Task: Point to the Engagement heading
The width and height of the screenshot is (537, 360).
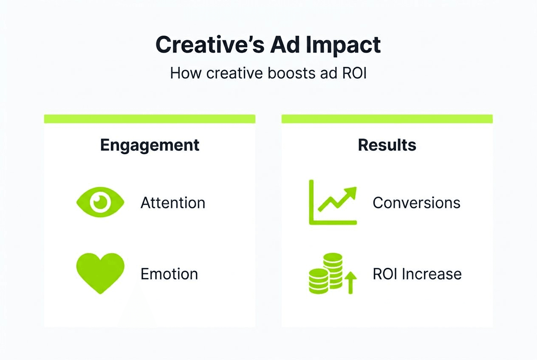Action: coord(150,145)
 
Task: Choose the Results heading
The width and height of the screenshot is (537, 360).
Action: coord(387,145)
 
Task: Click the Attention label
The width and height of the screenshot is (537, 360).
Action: coord(173,203)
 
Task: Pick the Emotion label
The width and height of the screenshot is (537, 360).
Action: coord(169,274)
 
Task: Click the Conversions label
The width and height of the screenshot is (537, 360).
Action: coord(416,203)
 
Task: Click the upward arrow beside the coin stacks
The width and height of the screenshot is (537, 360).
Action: coord(350,283)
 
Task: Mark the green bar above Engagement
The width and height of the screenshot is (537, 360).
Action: coord(150,119)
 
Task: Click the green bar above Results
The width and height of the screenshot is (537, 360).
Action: coord(387,119)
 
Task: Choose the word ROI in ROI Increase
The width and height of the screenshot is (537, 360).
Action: coord(385,274)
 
